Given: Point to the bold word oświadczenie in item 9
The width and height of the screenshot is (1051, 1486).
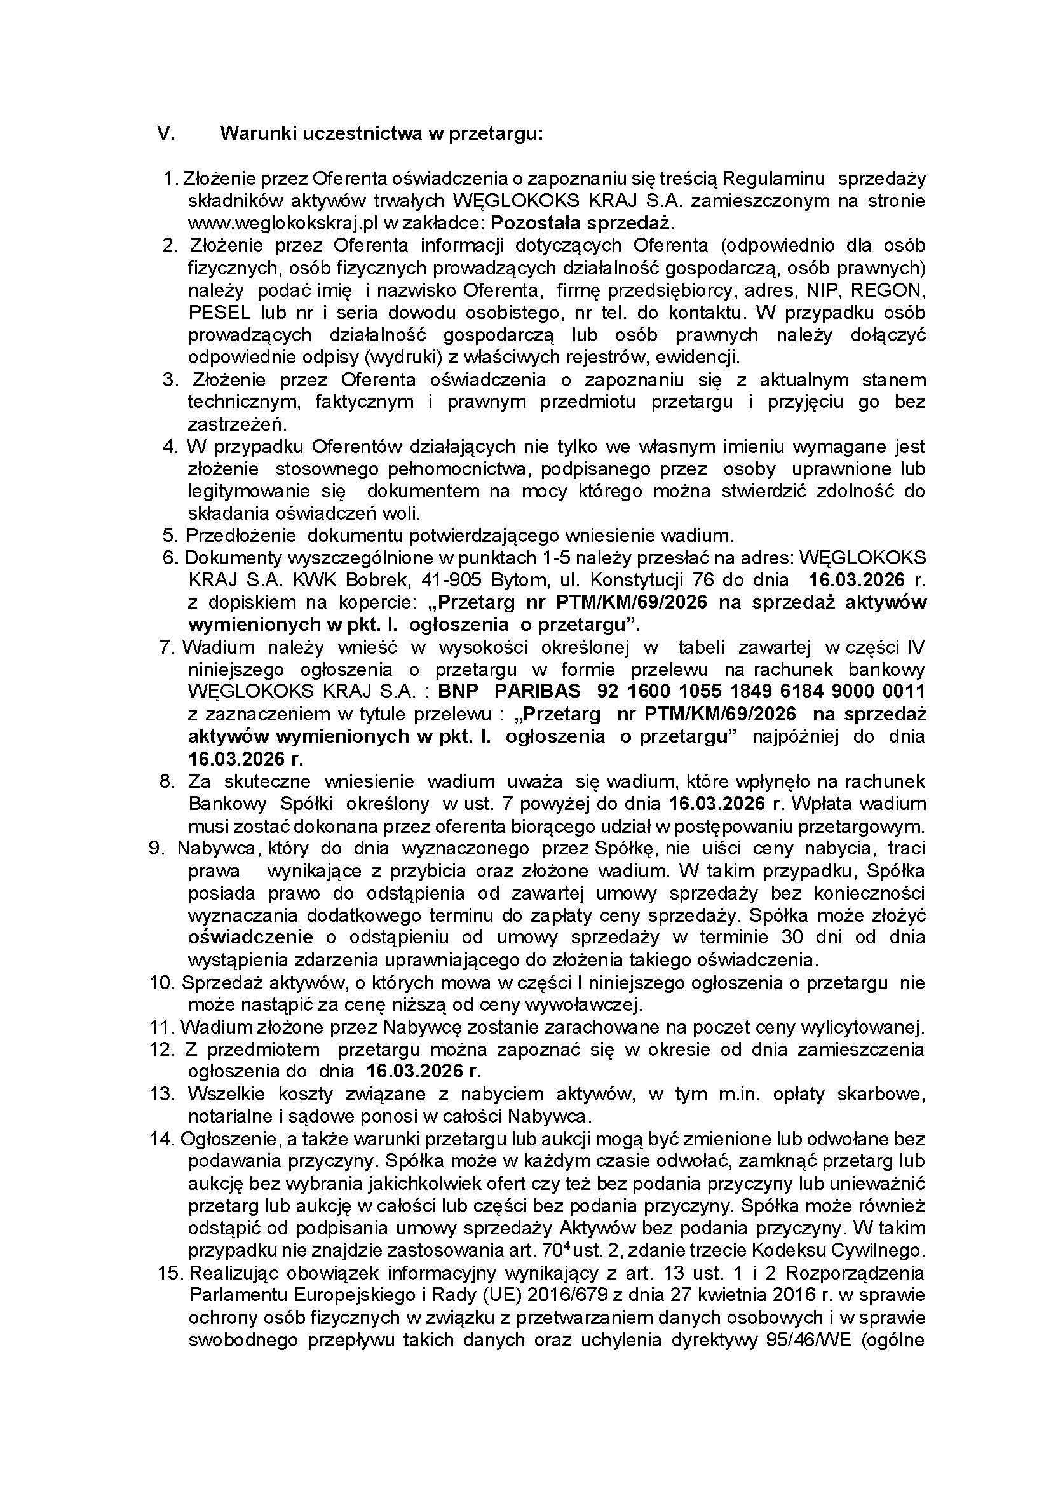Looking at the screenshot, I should pyautogui.click(x=250, y=937).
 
